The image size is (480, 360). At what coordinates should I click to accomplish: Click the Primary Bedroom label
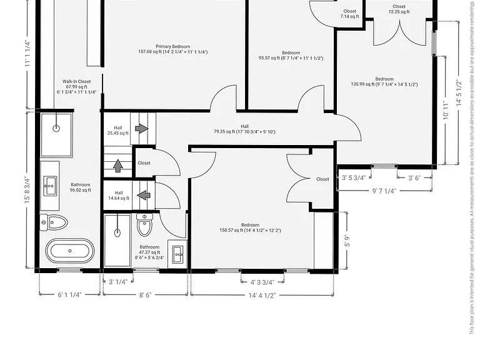173,49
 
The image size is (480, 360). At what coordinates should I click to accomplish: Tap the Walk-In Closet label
76,87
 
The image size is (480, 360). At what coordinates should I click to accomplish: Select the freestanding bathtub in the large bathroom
70,251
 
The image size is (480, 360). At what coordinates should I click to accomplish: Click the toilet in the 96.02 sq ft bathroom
54,222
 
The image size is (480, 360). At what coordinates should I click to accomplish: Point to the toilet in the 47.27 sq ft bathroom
144,225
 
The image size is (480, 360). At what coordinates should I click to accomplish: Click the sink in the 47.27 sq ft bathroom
178,254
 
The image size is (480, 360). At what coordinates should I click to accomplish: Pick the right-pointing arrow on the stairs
142,128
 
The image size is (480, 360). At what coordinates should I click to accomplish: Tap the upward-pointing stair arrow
118,166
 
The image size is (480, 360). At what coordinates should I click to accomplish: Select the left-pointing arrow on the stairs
144,195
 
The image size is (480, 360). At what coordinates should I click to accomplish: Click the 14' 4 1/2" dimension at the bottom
262,296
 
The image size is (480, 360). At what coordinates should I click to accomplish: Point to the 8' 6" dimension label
146,295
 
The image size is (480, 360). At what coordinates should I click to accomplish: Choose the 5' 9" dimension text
347,241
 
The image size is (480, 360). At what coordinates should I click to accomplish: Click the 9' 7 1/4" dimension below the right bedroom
384,191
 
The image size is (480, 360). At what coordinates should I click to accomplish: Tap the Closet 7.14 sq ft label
349,14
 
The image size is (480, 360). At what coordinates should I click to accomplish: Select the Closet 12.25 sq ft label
399,9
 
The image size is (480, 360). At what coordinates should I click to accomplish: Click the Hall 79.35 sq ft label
244,129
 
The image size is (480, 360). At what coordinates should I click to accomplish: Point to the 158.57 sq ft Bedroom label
250,227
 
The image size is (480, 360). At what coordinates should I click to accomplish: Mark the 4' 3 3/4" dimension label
262,282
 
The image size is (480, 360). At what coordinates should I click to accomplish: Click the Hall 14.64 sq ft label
119,195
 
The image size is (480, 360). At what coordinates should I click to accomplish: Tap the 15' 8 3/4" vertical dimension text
27,190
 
